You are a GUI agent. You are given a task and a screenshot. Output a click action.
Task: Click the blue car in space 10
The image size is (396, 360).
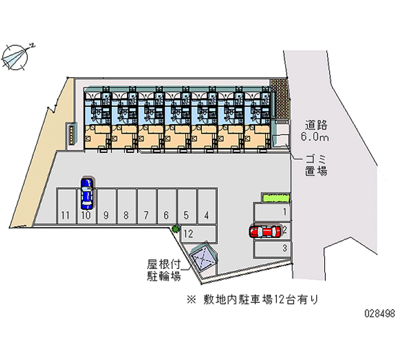87,193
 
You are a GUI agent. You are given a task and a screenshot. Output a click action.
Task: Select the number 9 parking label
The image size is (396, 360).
106,215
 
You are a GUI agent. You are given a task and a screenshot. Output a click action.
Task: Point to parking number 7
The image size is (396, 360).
146,215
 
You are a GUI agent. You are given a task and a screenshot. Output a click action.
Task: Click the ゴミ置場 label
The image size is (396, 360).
315,165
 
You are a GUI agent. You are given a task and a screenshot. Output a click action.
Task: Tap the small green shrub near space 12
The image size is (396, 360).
175,228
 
